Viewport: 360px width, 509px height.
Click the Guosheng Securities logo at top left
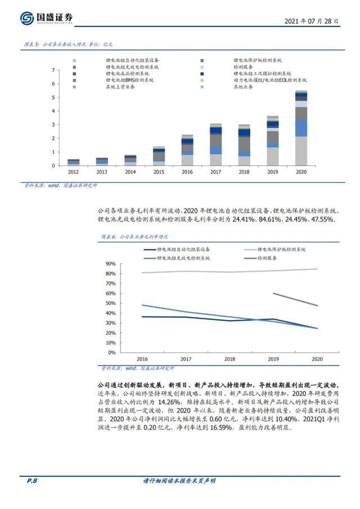click(47, 19)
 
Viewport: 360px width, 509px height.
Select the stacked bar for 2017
click(216, 145)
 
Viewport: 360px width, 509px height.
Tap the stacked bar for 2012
click(73, 162)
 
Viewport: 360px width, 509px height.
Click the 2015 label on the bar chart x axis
click(159, 172)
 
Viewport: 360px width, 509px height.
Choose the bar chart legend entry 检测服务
click(244, 66)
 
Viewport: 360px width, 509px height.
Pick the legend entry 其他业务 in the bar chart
click(244, 87)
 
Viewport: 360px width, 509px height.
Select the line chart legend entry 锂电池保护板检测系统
click(281, 249)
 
